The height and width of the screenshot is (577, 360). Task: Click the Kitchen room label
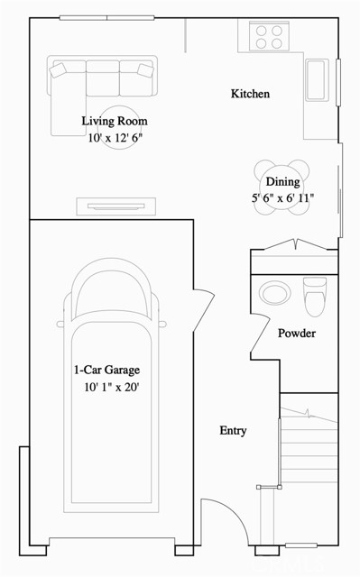point(250,94)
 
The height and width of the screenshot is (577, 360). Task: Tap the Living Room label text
point(114,121)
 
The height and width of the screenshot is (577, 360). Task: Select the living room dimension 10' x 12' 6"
point(115,138)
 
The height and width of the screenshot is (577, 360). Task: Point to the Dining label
point(282,182)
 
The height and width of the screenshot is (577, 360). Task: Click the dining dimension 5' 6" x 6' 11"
point(281,198)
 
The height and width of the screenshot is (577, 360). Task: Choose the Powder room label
point(295,334)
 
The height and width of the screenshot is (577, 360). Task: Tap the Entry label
point(233,431)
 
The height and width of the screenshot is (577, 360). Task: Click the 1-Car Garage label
point(107,370)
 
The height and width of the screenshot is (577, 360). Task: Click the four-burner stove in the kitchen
point(267,35)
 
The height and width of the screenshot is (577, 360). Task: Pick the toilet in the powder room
point(314,294)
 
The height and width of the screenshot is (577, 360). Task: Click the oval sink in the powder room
point(272,292)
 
